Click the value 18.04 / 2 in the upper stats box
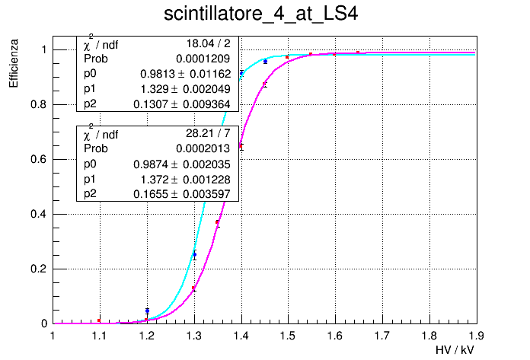[x=208, y=43]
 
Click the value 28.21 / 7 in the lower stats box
[x=208, y=135]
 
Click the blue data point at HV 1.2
[x=147, y=311]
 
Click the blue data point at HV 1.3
[x=194, y=255]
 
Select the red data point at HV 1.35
[x=218, y=222]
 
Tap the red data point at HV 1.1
[x=99, y=320]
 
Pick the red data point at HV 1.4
[x=241, y=145]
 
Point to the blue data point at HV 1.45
[x=265, y=62]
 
